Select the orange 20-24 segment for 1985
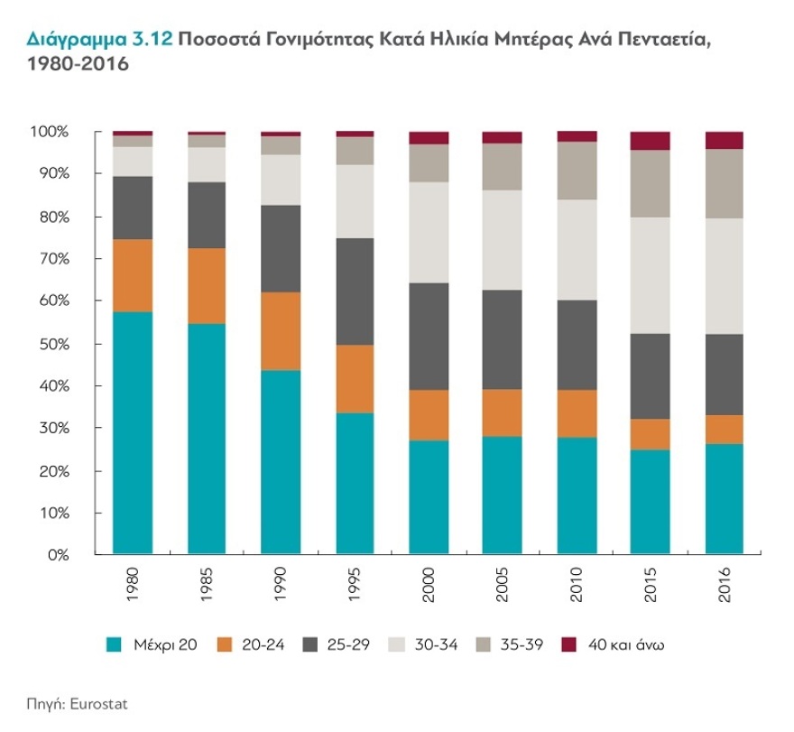207,285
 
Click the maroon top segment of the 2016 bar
724,140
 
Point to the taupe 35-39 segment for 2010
577,170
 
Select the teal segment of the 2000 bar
428,496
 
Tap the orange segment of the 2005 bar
503,412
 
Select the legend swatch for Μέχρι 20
115,644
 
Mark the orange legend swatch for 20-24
226,644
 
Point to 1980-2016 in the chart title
78,65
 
